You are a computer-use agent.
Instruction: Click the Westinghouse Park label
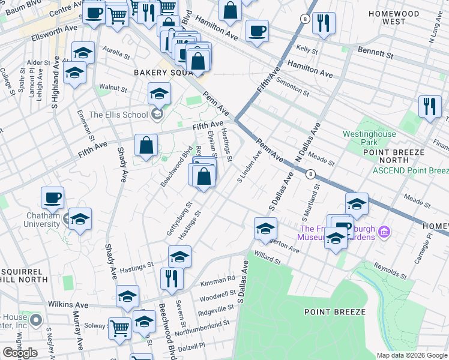[369, 138]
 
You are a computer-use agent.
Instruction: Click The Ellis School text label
[118, 115]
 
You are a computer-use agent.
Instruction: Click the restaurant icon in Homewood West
[324, 23]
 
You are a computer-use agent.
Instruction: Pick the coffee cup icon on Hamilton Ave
[257, 31]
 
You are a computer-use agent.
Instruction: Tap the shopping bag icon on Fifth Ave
[146, 145]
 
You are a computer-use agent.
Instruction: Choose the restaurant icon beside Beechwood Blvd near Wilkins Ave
[172, 278]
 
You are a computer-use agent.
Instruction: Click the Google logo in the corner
[20, 353]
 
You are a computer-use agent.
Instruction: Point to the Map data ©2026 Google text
[411, 355]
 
